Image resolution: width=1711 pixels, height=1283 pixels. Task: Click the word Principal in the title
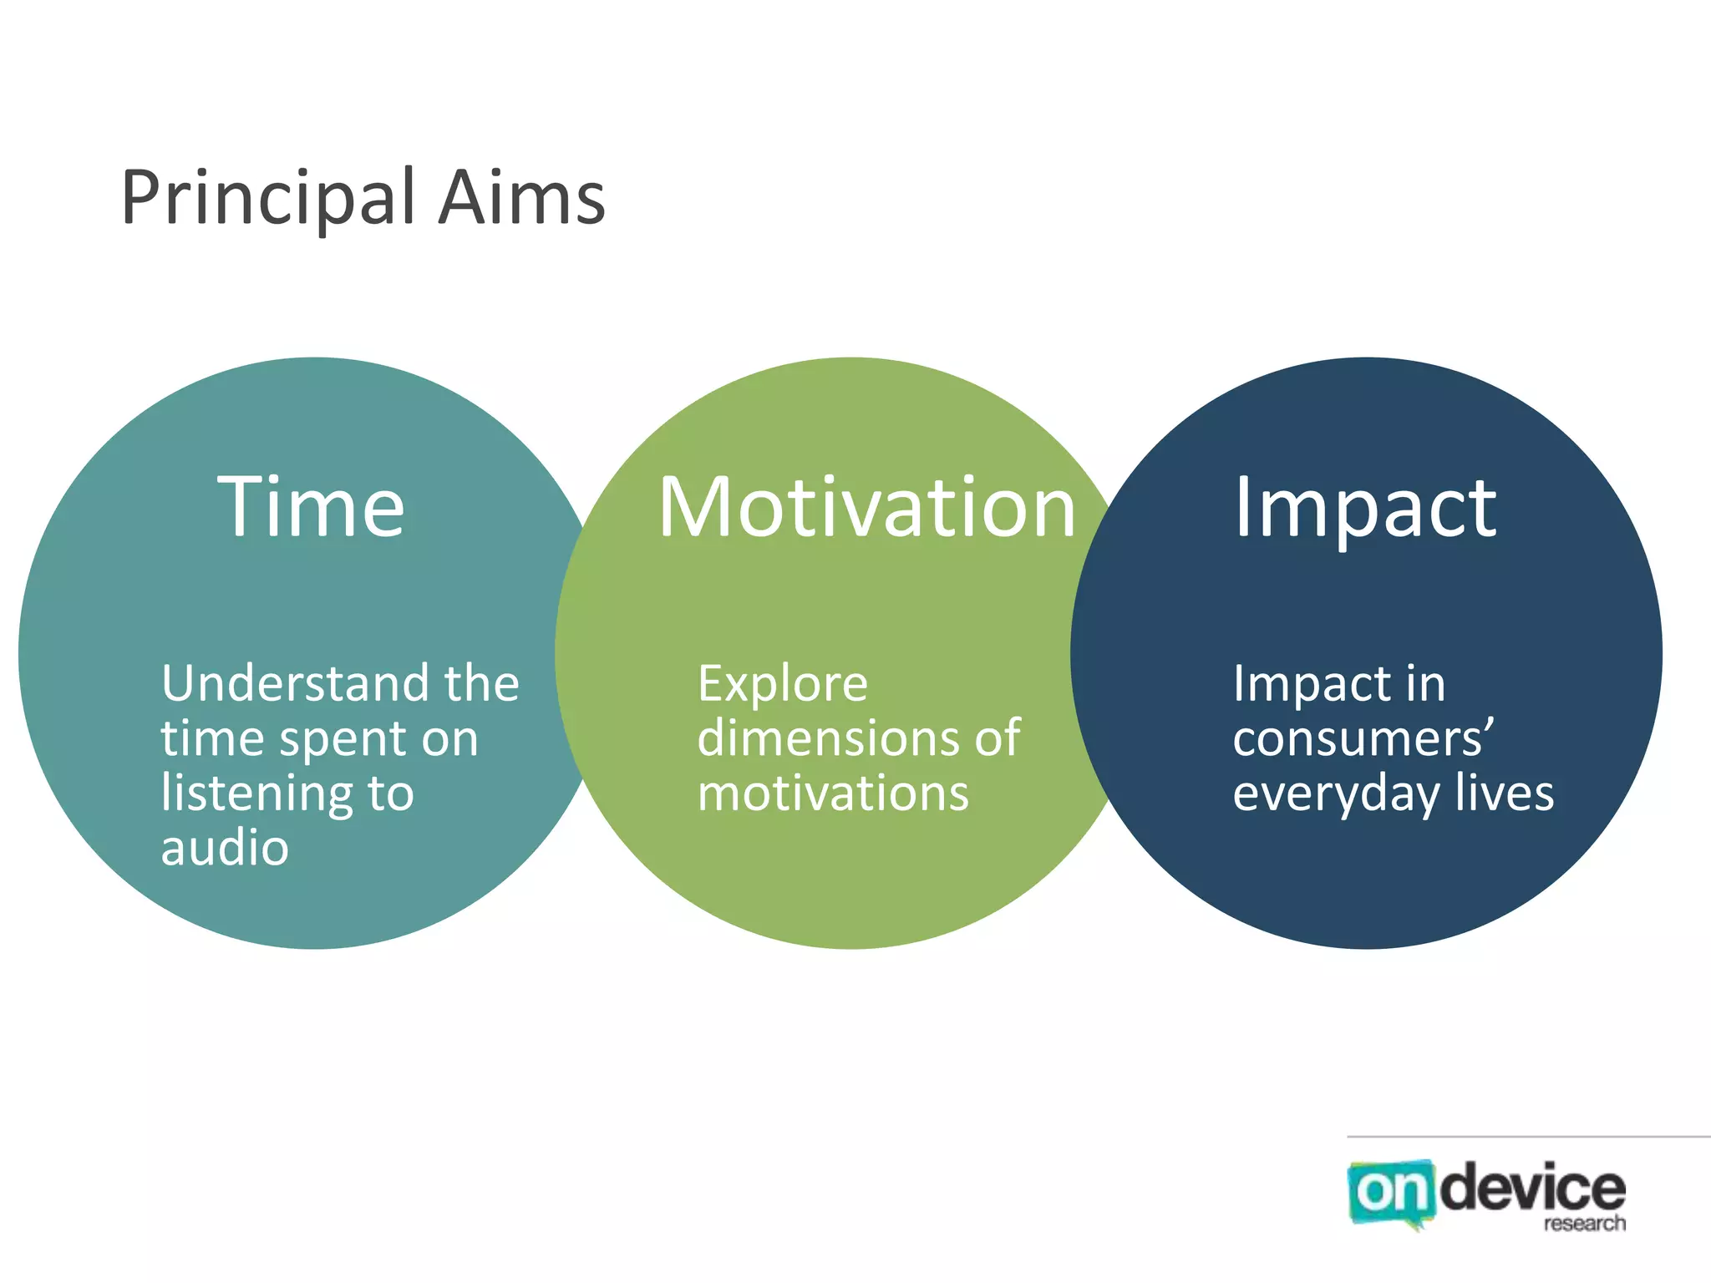[x=268, y=199]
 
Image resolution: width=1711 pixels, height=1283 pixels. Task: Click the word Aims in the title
[x=521, y=199]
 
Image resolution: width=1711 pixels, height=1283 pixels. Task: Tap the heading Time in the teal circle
[x=311, y=507]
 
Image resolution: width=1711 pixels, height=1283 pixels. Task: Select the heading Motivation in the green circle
[x=866, y=507]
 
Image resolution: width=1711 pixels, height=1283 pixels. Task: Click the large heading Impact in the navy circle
[x=1365, y=507]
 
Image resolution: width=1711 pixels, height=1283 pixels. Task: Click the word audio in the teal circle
[x=225, y=848]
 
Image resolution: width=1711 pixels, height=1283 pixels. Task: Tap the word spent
[x=342, y=739]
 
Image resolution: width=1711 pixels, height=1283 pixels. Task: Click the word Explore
[x=783, y=685]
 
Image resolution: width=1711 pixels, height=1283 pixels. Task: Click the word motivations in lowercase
[x=833, y=793]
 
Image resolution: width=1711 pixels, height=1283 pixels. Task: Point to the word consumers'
[x=1363, y=738]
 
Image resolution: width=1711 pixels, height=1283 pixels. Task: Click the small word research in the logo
[x=1584, y=1224]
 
